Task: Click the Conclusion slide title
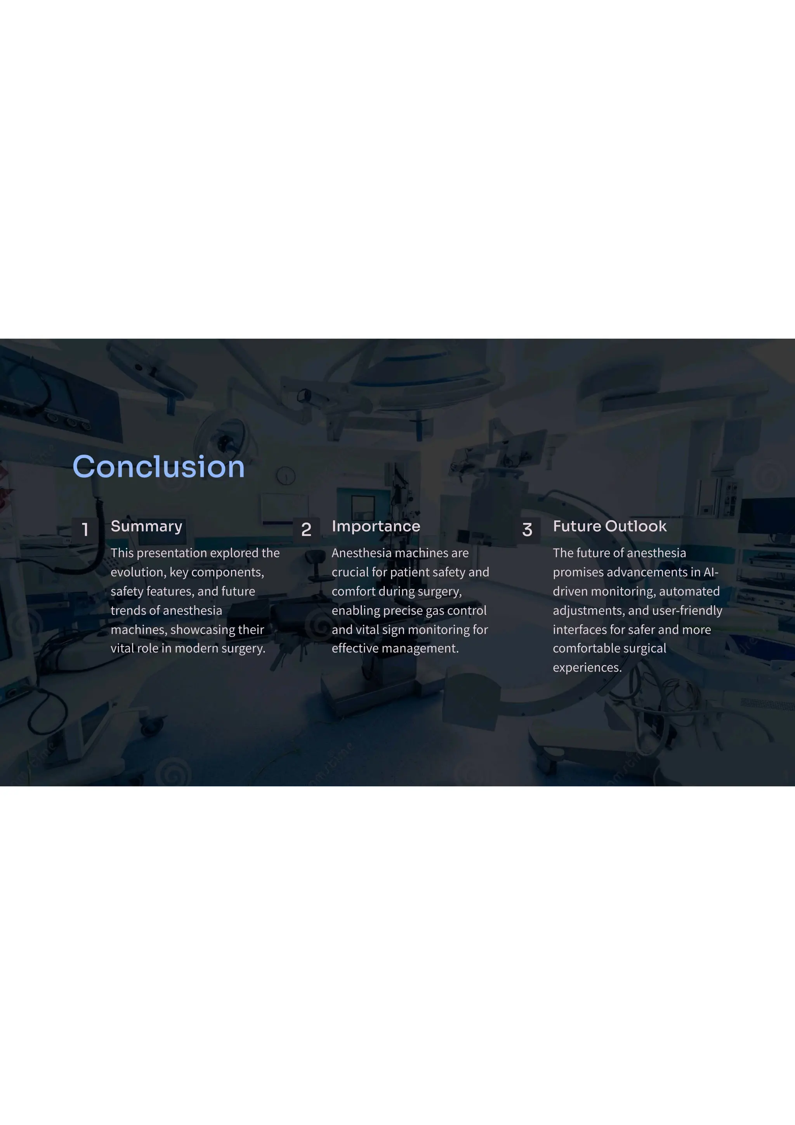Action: point(158,467)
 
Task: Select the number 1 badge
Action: point(85,529)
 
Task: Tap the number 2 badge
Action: point(306,529)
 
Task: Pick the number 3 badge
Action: point(527,529)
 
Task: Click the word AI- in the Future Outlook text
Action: point(711,572)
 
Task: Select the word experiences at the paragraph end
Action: point(587,667)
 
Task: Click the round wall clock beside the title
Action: point(286,475)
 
